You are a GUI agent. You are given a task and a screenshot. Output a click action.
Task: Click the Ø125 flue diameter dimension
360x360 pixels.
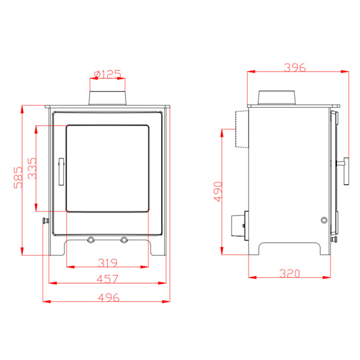click(107, 74)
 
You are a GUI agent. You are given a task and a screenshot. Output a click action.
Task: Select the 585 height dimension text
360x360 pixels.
click(18, 178)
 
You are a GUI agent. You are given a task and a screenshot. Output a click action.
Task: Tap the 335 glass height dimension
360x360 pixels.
click(32, 168)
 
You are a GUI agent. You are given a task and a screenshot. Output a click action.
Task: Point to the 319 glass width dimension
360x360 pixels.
click(107, 263)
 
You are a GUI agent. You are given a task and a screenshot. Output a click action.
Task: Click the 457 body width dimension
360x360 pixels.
click(107, 279)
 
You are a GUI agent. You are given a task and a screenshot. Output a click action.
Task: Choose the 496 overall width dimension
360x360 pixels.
click(108, 298)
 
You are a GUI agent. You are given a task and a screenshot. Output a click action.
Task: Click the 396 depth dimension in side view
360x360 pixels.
click(295, 67)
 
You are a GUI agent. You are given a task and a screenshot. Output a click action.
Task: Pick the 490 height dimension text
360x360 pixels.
click(218, 192)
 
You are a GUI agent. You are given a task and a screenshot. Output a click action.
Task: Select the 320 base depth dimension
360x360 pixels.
click(290, 273)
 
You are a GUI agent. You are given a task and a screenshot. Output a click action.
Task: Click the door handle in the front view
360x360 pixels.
click(61, 171)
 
